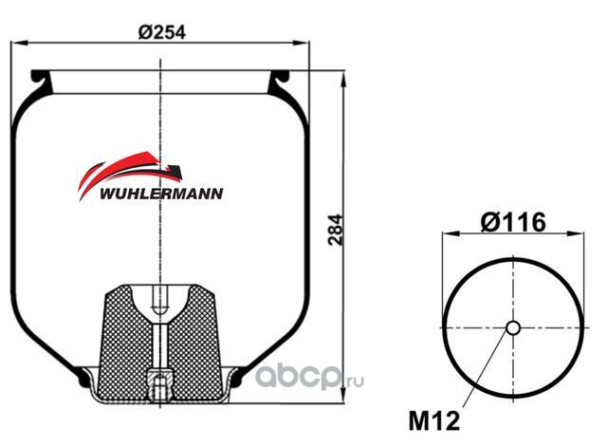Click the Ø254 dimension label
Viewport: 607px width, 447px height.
point(162,32)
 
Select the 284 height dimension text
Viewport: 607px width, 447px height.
point(335,230)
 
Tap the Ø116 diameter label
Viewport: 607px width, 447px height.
point(513,222)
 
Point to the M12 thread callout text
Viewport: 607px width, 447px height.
point(434,420)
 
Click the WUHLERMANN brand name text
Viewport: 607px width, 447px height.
point(161,194)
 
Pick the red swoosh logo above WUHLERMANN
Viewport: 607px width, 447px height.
point(130,173)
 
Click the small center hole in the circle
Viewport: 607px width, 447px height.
point(513,327)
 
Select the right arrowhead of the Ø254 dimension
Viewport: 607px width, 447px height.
point(302,43)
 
